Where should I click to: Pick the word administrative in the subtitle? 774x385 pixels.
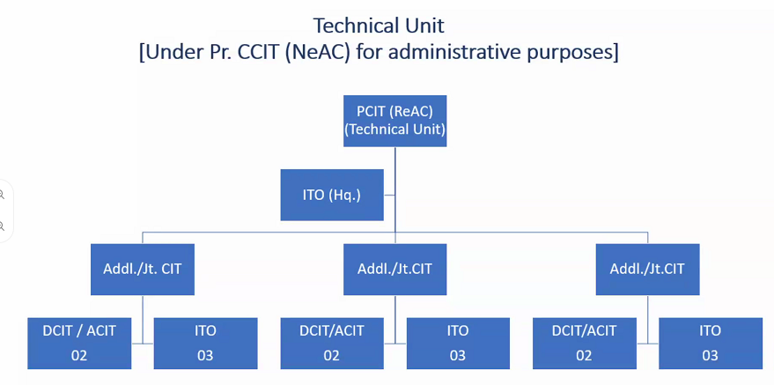pos(451,52)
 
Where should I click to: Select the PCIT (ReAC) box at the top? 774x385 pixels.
pos(394,121)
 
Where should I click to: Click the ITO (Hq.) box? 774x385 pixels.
pos(332,195)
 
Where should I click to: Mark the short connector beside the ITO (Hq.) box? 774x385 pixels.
pos(389,195)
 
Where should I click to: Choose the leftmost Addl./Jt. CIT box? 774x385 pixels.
pos(142,269)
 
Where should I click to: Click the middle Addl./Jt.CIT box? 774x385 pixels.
pos(394,269)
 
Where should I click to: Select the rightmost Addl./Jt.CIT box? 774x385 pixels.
pos(647,269)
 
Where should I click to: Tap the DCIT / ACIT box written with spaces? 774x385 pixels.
pos(79,343)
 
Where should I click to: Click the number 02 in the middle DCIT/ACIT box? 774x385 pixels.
pos(332,356)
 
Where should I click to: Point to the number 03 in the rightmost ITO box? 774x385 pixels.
pos(711,356)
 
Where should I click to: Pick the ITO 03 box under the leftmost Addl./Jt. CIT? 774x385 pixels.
pos(205,343)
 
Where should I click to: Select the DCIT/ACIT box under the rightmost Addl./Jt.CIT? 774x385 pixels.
pos(585,343)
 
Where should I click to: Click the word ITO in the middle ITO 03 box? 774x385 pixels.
pos(458,330)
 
